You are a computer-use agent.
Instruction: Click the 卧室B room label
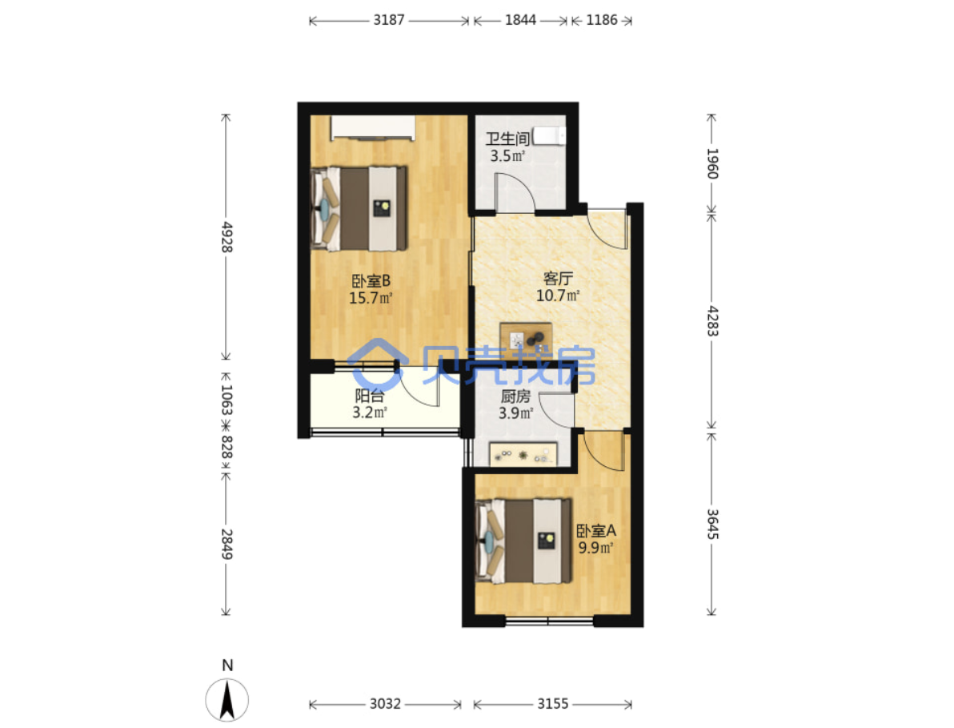click(x=371, y=280)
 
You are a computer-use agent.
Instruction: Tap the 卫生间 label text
click(x=507, y=139)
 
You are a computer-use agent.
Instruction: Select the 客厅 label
click(x=558, y=278)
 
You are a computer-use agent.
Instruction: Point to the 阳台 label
click(x=369, y=396)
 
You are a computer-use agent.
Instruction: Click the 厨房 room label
click(x=515, y=396)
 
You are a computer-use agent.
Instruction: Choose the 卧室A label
click(x=596, y=530)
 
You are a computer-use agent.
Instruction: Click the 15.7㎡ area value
click(x=371, y=298)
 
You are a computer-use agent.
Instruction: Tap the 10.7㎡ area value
click(x=558, y=296)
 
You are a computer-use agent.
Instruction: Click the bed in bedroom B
click(x=359, y=208)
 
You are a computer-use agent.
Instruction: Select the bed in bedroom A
click(x=524, y=541)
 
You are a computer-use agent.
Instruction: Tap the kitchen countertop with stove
click(x=523, y=454)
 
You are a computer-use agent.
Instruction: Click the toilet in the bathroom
click(x=549, y=136)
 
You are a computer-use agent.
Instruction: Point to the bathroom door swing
click(x=515, y=192)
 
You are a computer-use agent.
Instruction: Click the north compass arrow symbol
click(x=227, y=700)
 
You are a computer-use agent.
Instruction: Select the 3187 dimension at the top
click(x=389, y=20)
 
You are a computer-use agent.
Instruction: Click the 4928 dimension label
click(x=226, y=237)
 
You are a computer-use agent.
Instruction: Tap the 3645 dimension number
click(x=712, y=524)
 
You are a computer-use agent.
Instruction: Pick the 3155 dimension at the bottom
click(x=552, y=704)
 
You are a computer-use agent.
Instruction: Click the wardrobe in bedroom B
click(x=373, y=128)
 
